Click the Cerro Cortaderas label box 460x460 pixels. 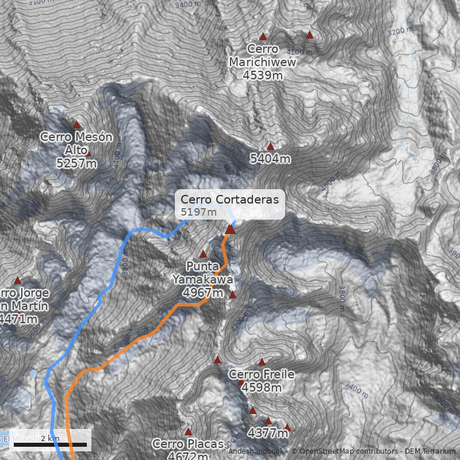click(x=229, y=205)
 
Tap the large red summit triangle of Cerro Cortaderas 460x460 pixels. click(x=231, y=229)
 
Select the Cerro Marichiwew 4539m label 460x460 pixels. click(x=262, y=62)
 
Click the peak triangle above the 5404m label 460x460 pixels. click(x=270, y=147)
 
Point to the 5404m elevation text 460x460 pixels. click(x=270, y=159)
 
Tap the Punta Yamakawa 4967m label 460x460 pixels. click(x=203, y=279)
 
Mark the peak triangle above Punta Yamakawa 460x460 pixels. click(x=203, y=254)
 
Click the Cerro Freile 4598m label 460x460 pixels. click(x=262, y=381)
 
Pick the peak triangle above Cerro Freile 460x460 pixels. click(x=262, y=362)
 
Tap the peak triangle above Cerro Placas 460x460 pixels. click(x=188, y=432)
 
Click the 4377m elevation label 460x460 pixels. click(x=268, y=432)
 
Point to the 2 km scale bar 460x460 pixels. click(x=50, y=444)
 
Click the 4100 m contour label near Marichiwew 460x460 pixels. click(x=299, y=52)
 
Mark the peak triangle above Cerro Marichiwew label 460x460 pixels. click(x=263, y=36)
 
